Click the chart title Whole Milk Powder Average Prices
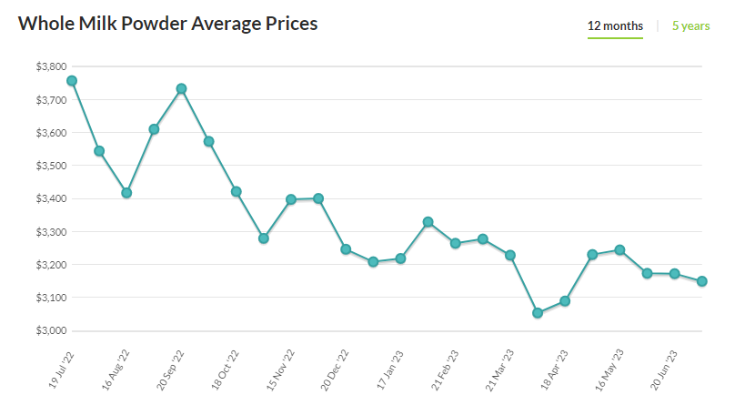(168, 24)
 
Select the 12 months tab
(615, 26)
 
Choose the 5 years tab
(690, 26)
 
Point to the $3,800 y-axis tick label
(49, 67)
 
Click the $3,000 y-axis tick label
(49, 331)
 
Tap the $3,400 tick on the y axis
(49, 199)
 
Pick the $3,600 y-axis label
(49, 133)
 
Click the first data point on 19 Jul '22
(72, 81)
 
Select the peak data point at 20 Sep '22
(181, 88)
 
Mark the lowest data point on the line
(538, 313)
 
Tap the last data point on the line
(702, 281)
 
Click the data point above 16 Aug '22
(126, 193)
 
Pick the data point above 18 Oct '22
(236, 191)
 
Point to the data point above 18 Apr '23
(565, 301)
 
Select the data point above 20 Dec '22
(346, 249)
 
